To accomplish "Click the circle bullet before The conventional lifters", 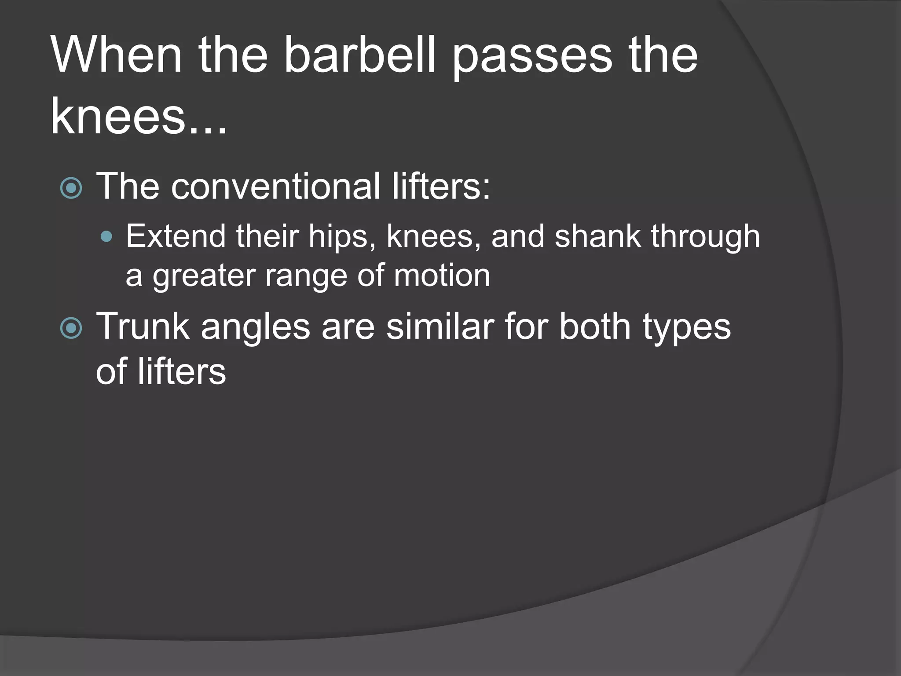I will pos(71,188).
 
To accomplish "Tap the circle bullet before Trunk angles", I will pos(71,328).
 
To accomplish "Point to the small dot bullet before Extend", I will pos(106,237).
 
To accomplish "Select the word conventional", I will pos(275,186).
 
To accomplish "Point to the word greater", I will pos(204,276).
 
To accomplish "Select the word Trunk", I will pos(143,326).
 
